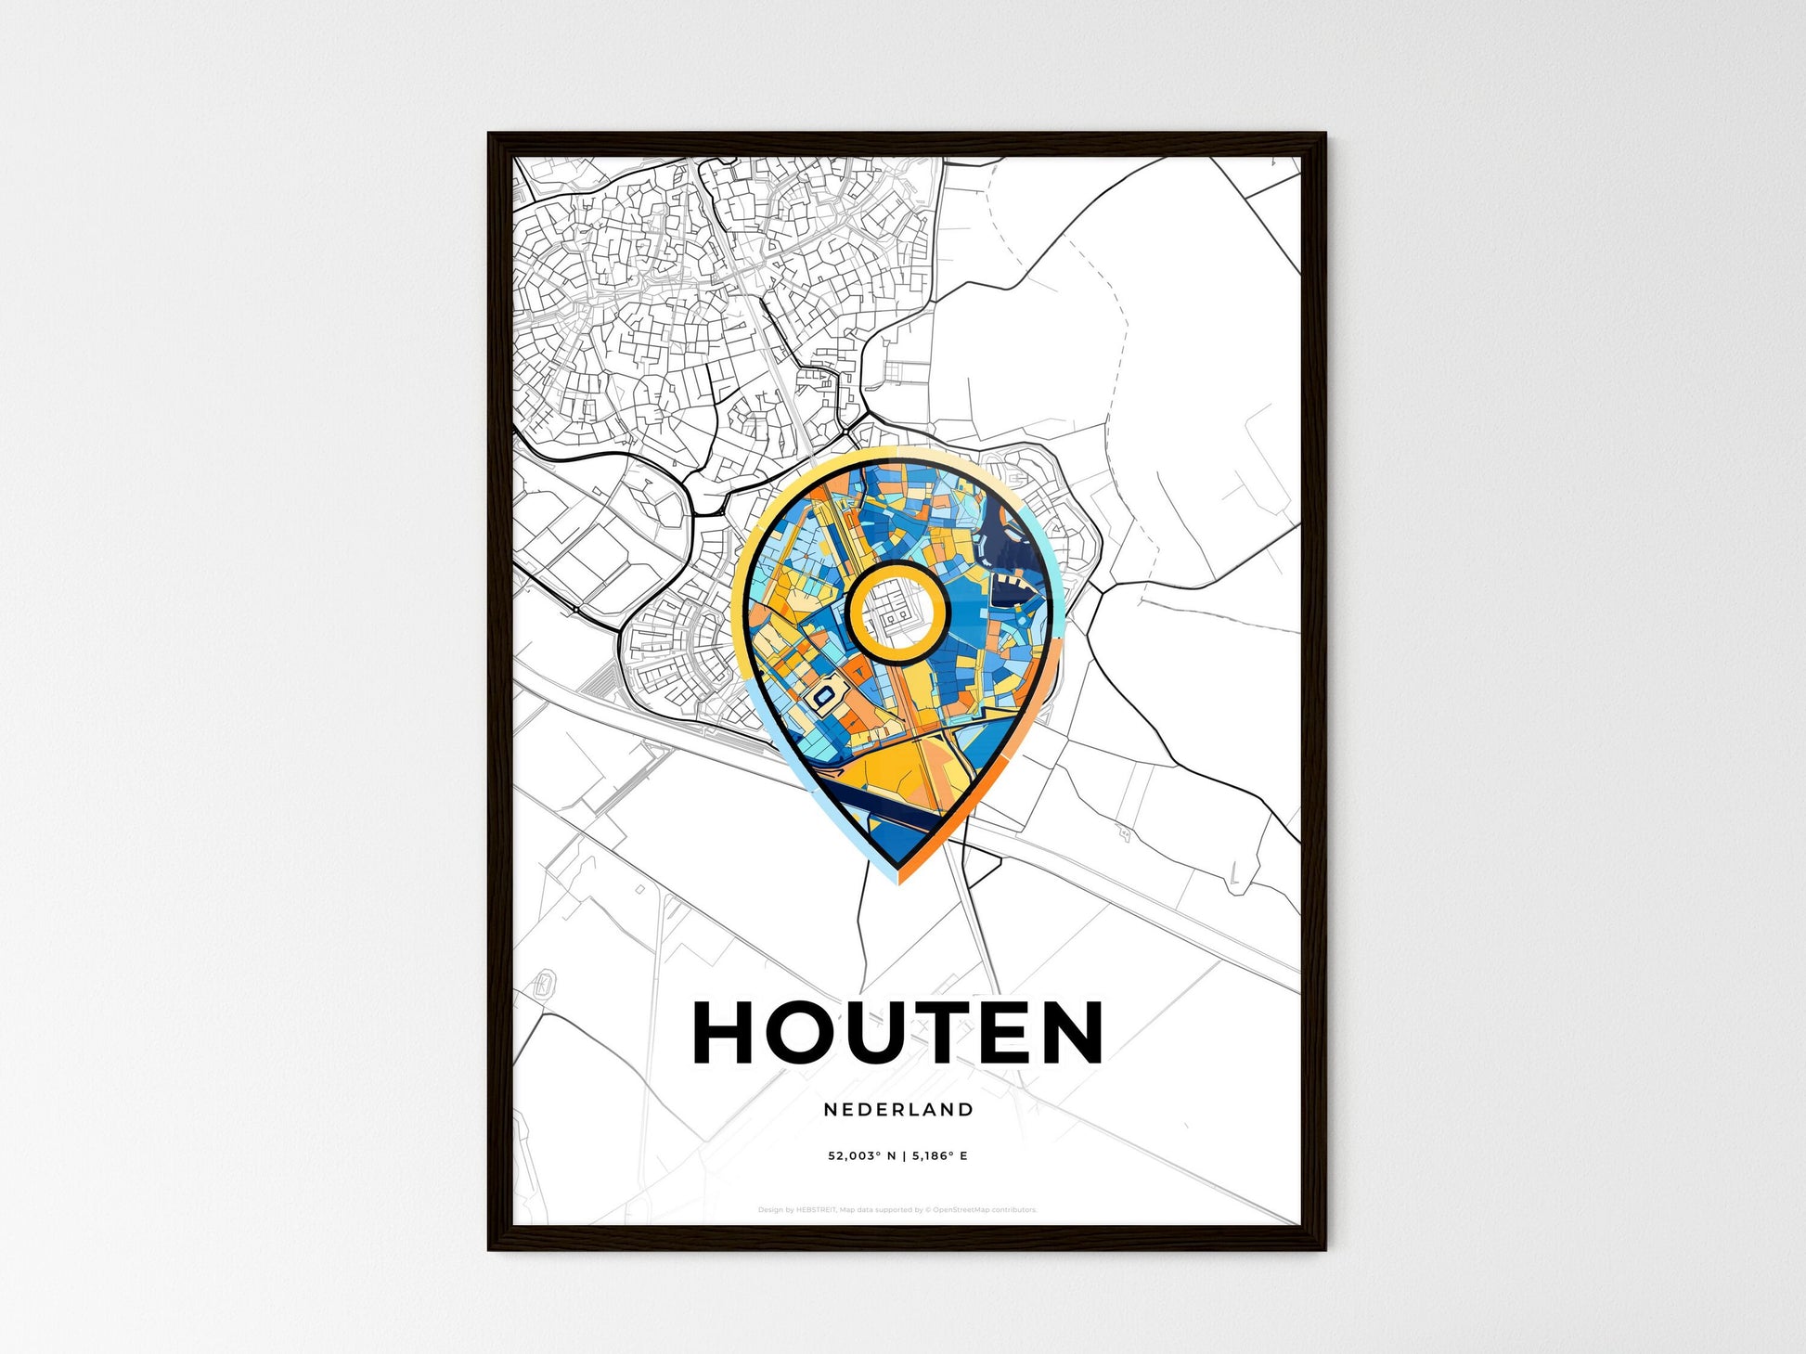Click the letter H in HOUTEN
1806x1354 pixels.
727,1032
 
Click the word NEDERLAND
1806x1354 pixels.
898,1110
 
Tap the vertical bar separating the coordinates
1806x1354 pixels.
901,1156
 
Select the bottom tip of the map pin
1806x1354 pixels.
897,879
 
